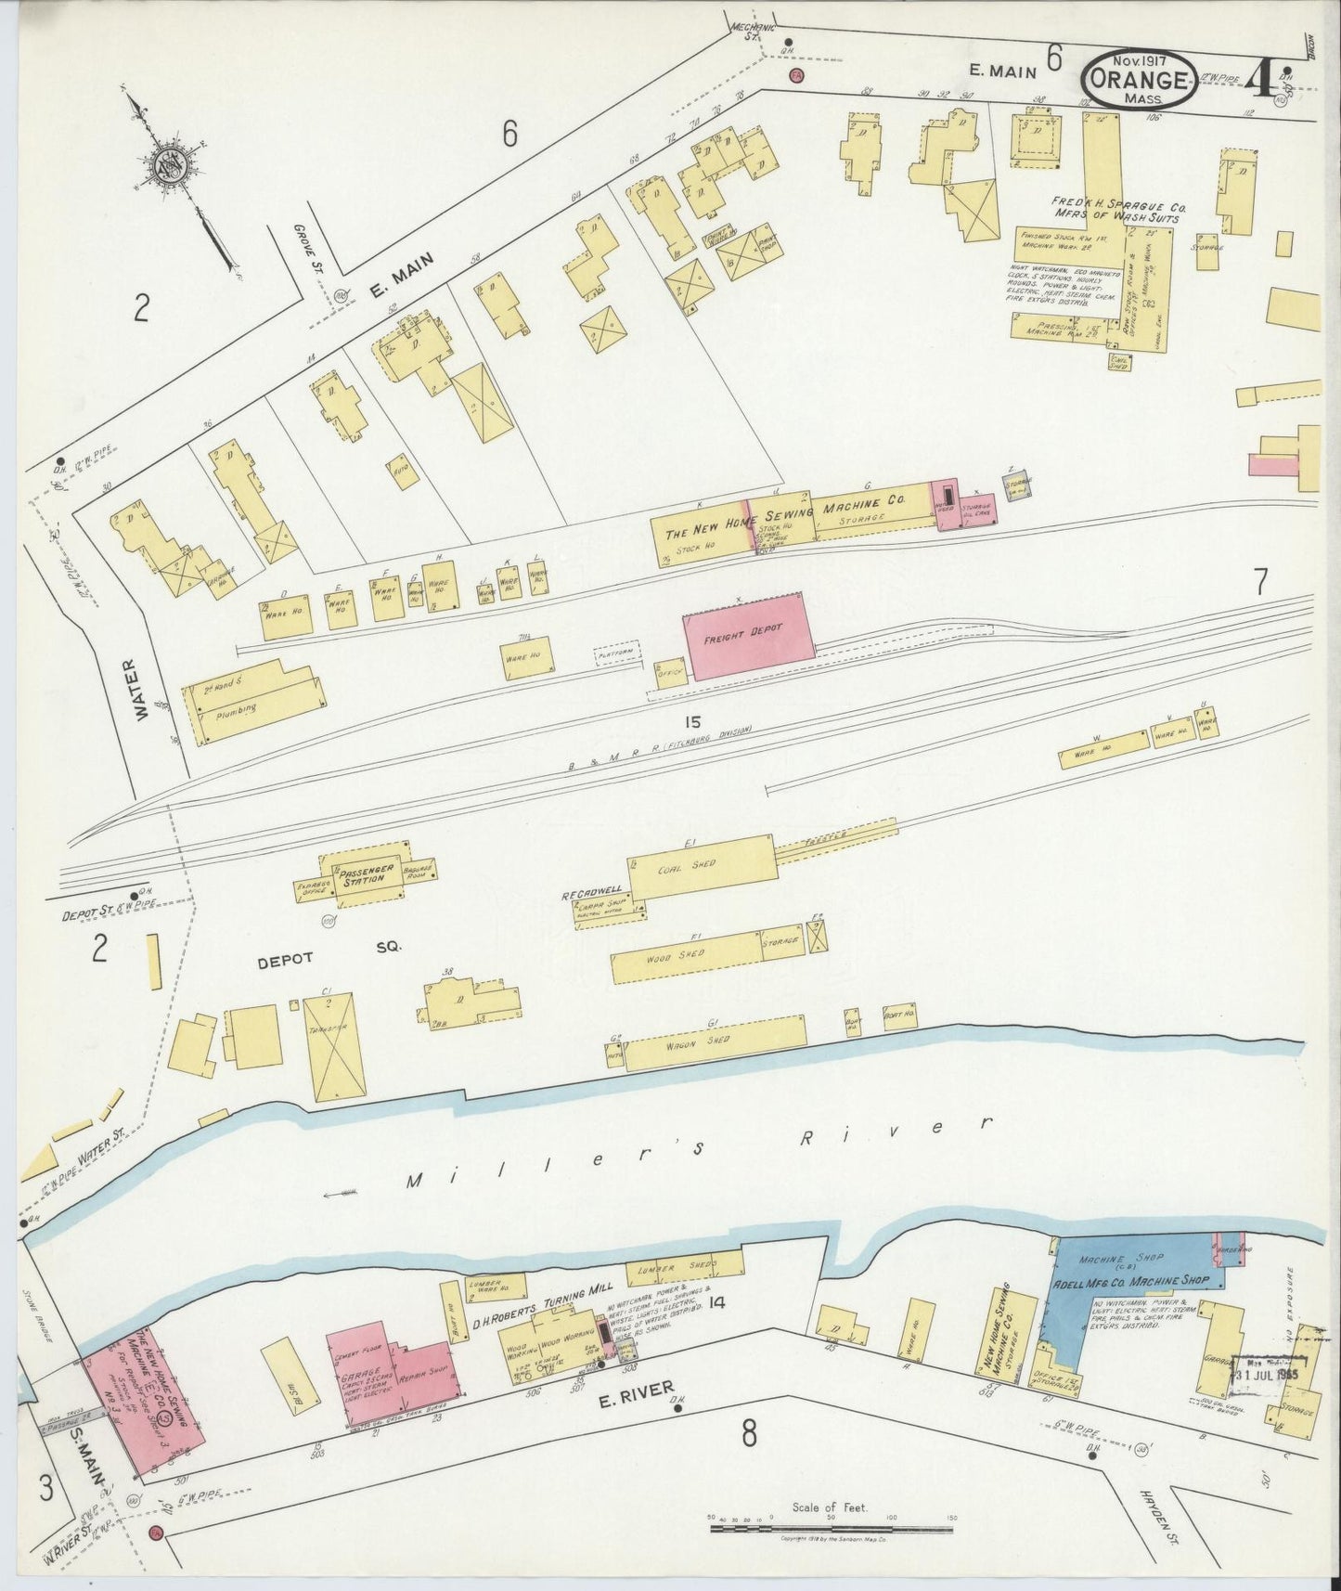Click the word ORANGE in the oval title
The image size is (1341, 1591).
tap(1137, 80)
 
